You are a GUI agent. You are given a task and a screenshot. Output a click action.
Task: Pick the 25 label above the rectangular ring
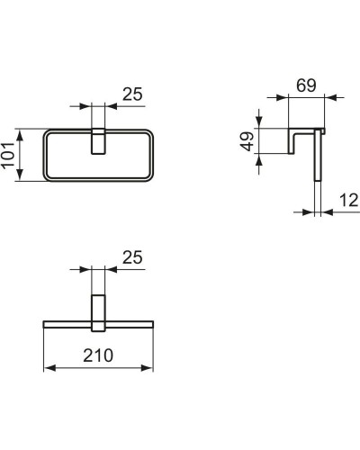[x=133, y=94]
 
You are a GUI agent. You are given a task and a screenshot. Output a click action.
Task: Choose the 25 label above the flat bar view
[x=131, y=258]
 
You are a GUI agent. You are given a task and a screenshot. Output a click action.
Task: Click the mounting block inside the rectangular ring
[x=99, y=141]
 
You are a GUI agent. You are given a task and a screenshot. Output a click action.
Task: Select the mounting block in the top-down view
[x=98, y=306]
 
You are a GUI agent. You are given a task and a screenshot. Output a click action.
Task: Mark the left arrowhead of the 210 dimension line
[x=48, y=367]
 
